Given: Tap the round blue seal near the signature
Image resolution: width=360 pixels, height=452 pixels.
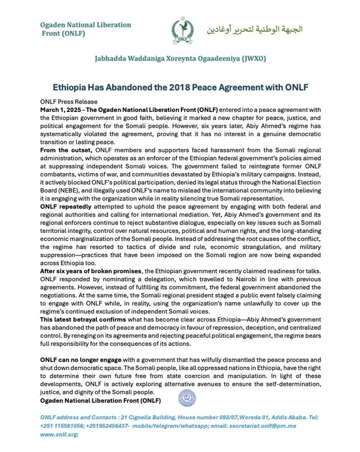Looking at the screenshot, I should pyautogui.click(x=185, y=399).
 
